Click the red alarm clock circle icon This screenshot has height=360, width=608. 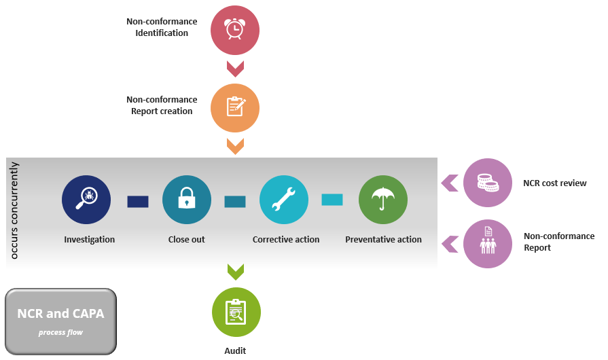point(235,30)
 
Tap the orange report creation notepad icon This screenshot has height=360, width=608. point(235,107)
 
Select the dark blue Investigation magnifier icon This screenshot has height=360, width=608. point(86,200)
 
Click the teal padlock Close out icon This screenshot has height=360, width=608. point(186,200)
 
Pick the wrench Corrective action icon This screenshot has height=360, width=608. point(284,200)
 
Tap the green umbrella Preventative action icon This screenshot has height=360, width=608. point(383,200)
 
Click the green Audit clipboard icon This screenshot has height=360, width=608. point(236,312)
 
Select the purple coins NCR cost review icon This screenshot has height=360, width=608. point(487,183)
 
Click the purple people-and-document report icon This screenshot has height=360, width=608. point(487,243)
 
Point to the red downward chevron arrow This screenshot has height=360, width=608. point(235,68)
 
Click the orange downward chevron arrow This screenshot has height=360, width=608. point(235,145)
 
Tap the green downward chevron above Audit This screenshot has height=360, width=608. point(235,272)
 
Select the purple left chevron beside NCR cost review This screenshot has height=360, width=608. point(449,183)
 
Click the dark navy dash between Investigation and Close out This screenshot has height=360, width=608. point(137,201)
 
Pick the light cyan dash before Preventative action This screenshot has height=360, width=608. point(332,200)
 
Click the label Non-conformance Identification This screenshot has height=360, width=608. point(162,27)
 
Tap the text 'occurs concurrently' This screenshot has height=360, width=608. point(15,211)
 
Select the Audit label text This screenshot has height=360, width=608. point(235,350)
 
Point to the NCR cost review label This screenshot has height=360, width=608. point(554,183)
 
